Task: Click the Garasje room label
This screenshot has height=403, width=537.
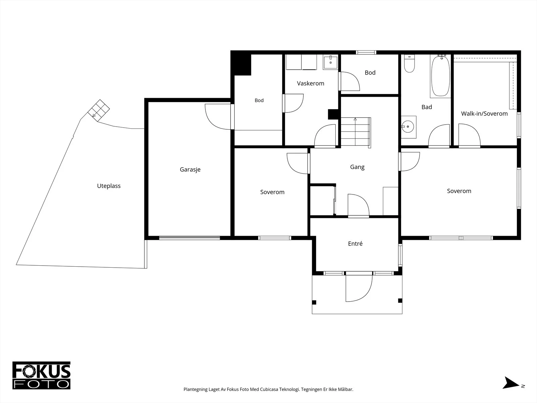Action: click(x=190, y=170)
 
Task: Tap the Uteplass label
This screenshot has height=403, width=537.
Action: click(x=109, y=186)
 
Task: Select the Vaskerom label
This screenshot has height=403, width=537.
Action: click(x=310, y=83)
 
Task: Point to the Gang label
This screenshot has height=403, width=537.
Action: click(x=357, y=167)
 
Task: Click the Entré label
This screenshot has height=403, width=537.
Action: click(x=355, y=243)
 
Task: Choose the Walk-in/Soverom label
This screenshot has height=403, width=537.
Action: click(x=484, y=114)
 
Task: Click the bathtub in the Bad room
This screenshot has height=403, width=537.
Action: click(x=440, y=76)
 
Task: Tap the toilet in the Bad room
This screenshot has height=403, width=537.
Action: click(x=409, y=63)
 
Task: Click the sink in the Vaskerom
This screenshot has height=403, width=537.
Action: click(x=331, y=62)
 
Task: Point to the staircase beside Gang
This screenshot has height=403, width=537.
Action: click(x=356, y=132)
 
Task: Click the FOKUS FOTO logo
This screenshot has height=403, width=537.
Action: click(x=41, y=375)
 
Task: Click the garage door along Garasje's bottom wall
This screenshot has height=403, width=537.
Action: click(x=189, y=237)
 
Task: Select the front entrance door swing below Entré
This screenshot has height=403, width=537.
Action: click(x=359, y=287)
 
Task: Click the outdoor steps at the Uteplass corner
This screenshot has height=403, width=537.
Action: click(x=99, y=110)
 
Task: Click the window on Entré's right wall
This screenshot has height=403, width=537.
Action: click(x=400, y=255)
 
